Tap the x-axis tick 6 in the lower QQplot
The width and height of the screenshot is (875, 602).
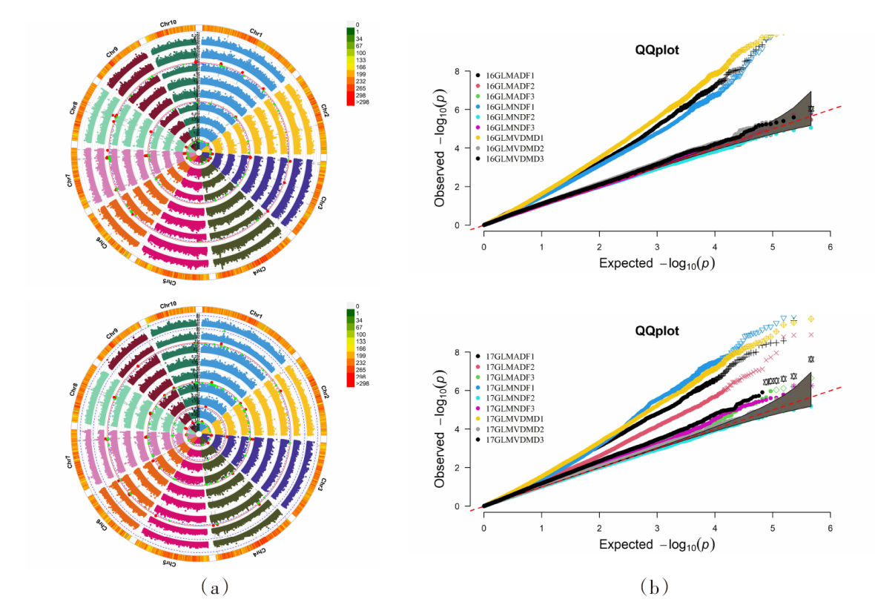click(x=831, y=527)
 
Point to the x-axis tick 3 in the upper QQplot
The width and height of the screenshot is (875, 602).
click(x=657, y=245)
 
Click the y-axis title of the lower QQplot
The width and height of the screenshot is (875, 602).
click(x=442, y=430)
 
